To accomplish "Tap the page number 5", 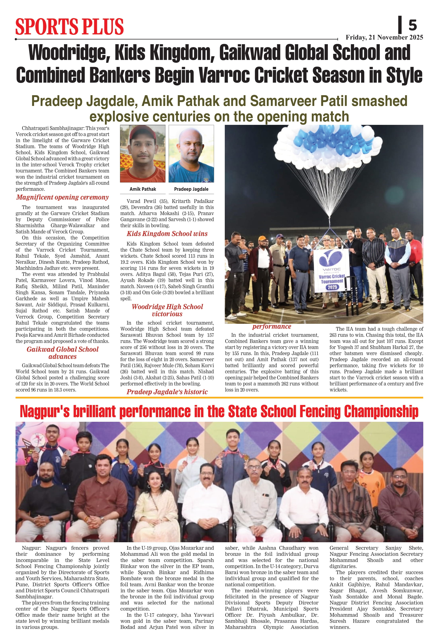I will [413, 25].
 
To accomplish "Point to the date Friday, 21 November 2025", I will [384, 37].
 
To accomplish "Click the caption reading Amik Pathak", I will [143, 189].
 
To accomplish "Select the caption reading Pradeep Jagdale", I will [191, 189].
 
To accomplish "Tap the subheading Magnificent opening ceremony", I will [62, 197].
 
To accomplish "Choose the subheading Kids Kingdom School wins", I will [167, 234].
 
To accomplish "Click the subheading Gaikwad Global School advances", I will [63, 353].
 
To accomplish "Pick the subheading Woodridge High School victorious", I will [167, 310].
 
